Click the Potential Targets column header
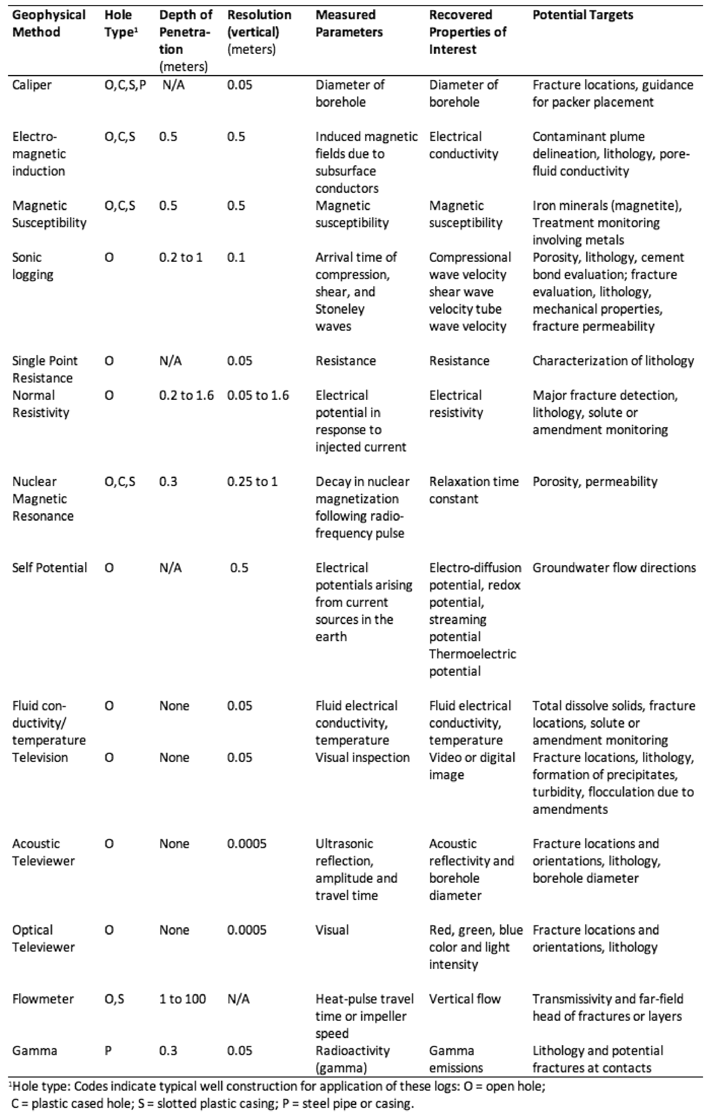(x=583, y=15)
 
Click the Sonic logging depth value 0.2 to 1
(x=181, y=257)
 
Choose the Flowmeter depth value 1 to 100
(x=182, y=999)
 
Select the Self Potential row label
(x=50, y=568)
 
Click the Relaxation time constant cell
(x=473, y=490)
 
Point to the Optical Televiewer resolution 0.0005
(x=247, y=930)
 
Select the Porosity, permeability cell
(x=594, y=482)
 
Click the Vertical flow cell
(x=464, y=999)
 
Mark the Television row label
(x=40, y=758)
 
